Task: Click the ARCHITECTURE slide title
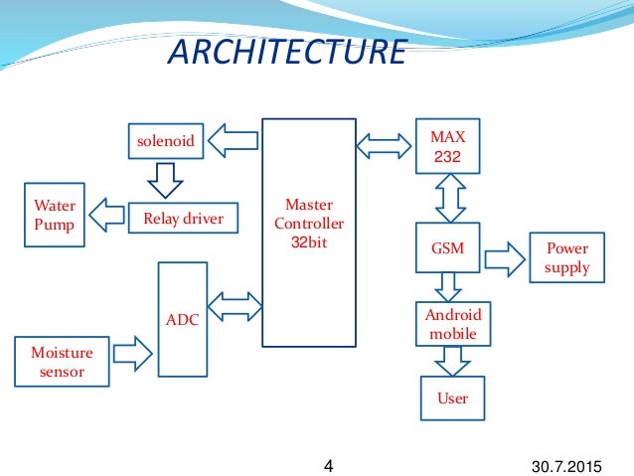[287, 52]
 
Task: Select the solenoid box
[163, 142]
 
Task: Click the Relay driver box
[184, 218]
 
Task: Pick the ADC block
[183, 319]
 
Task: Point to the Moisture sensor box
[62, 363]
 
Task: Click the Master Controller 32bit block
[309, 233]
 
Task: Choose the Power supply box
[567, 258]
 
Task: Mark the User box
[452, 398]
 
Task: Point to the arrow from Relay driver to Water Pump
[107, 214]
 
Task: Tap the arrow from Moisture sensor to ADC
[131, 351]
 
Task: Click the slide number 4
[330, 463]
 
